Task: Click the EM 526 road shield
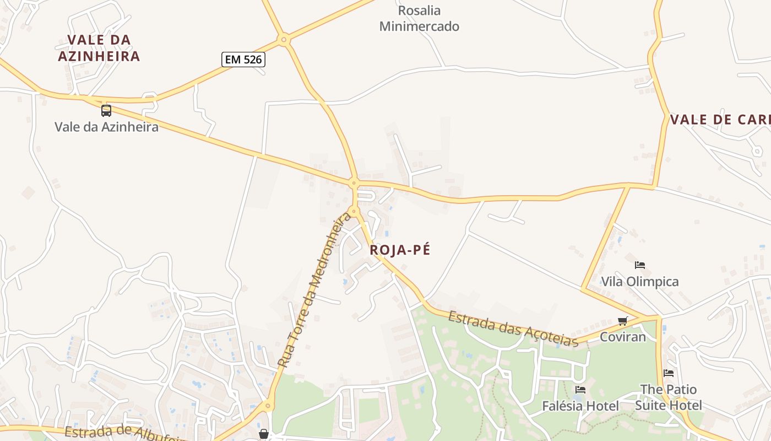coord(243,60)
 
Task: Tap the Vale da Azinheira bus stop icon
coord(106,111)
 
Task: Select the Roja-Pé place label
coord(400,250)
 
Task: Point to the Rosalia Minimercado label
coord(419,18)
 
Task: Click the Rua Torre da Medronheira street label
coord(314,291)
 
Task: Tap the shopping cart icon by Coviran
coord(623,321)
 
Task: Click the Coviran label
coord(623,336)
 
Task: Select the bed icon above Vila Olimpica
coord(639,265)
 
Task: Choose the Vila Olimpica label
coord(639,282)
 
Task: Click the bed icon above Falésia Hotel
coord(580,390)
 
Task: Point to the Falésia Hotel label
coord(580,406)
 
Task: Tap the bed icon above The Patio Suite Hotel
coord(669,373)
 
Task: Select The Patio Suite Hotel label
coord(669,397)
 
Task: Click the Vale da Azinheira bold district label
coord(99,48)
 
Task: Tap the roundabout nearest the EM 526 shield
coord(284,39)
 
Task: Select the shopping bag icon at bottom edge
coord(264,434)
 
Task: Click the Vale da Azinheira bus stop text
coord(106,127)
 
